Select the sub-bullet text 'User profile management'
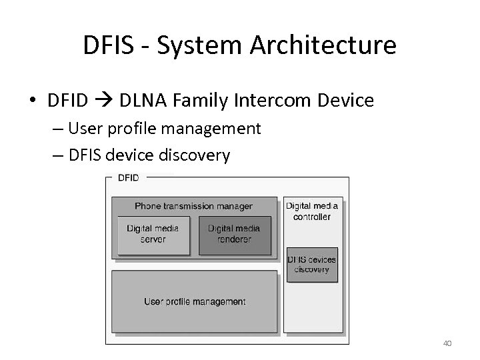point(170,128)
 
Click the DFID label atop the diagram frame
point(129,178)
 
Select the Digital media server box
point(153,235)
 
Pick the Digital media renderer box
point(235,235)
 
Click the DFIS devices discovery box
point(312,265)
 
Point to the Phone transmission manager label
point(193,206)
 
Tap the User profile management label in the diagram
point(195,302)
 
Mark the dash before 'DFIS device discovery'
point(56,156)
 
